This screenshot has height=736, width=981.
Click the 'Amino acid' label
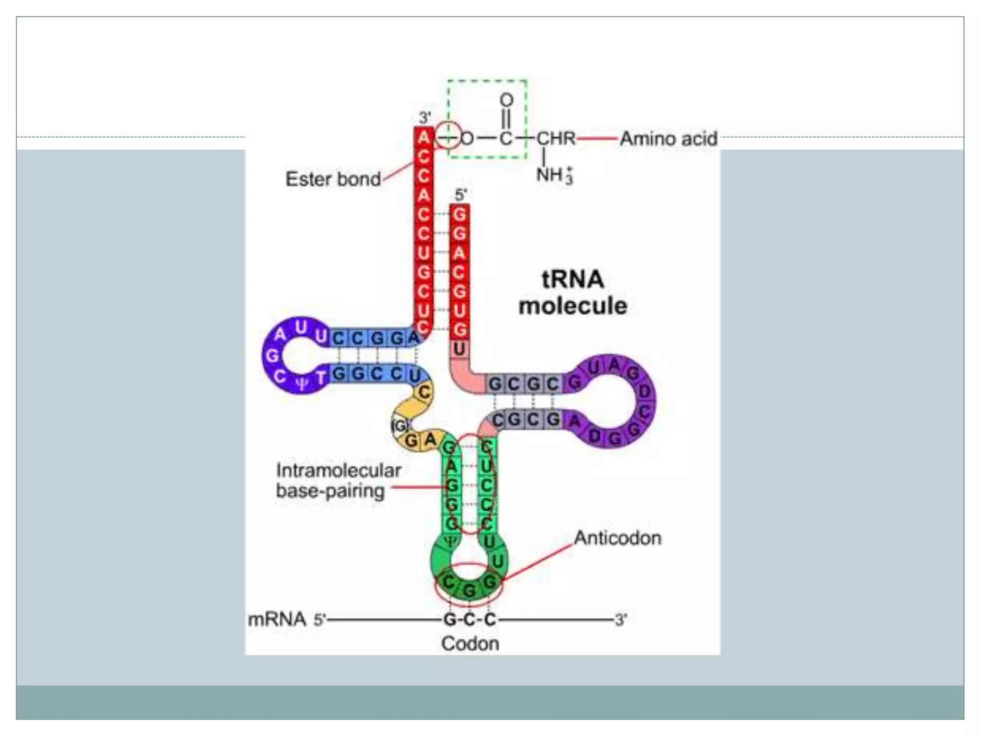[x=669, y=139]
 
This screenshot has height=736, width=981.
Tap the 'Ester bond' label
[x=333, y=179]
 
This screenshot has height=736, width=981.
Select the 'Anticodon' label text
[x=617, y=538]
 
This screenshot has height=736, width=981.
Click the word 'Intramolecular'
[x=338, y=470]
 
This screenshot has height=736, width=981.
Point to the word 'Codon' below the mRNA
[x=470, y=644]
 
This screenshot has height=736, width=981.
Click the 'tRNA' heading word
[x=572, y=279]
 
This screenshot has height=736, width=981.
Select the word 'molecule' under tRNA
[x=573, y=306]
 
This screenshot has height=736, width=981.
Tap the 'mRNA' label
[x=277, y=619]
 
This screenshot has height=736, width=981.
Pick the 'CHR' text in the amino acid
[x=556, y=138]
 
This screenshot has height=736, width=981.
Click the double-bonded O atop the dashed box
[x=506, y=100]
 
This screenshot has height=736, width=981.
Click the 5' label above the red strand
[x=460, y=195]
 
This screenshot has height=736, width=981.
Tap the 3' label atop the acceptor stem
[x=424, y=117]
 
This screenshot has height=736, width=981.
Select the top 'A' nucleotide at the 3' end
[x=423, y=138]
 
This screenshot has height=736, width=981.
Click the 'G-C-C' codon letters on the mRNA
[x=469, y=620]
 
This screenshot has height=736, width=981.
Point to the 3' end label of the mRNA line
[x=621, y=620]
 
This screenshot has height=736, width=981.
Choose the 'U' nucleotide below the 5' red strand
[x=459, y=349]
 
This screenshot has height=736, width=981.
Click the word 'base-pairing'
[x=330, y=491]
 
